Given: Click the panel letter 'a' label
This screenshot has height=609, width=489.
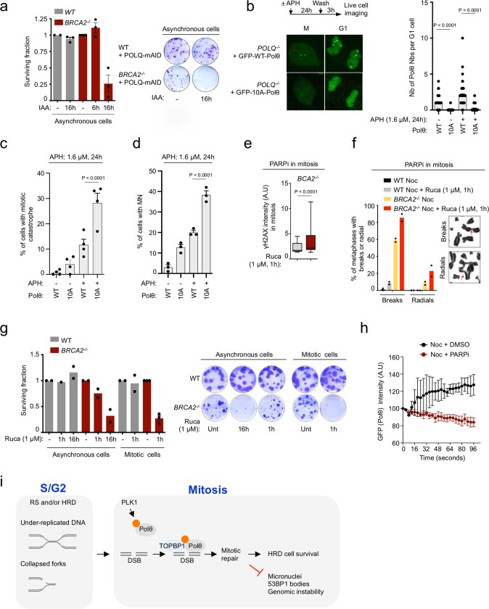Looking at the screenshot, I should (7, 7).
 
